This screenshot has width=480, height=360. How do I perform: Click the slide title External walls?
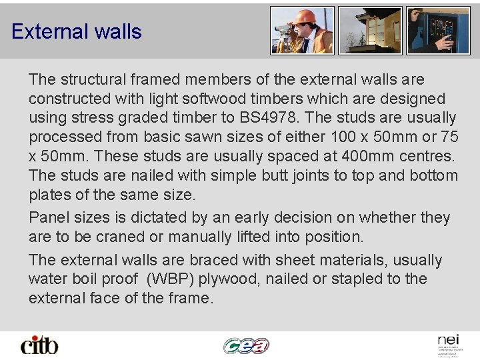[77, 31]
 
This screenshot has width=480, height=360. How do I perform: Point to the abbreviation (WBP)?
[167, 279]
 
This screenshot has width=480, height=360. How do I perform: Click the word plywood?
[229, 279]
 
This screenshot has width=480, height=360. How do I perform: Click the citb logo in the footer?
[39, 345]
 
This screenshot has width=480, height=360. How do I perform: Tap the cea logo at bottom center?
[246, 345]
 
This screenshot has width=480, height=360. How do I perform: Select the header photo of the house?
[369, 31]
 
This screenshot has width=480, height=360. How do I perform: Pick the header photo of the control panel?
[438, 31]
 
